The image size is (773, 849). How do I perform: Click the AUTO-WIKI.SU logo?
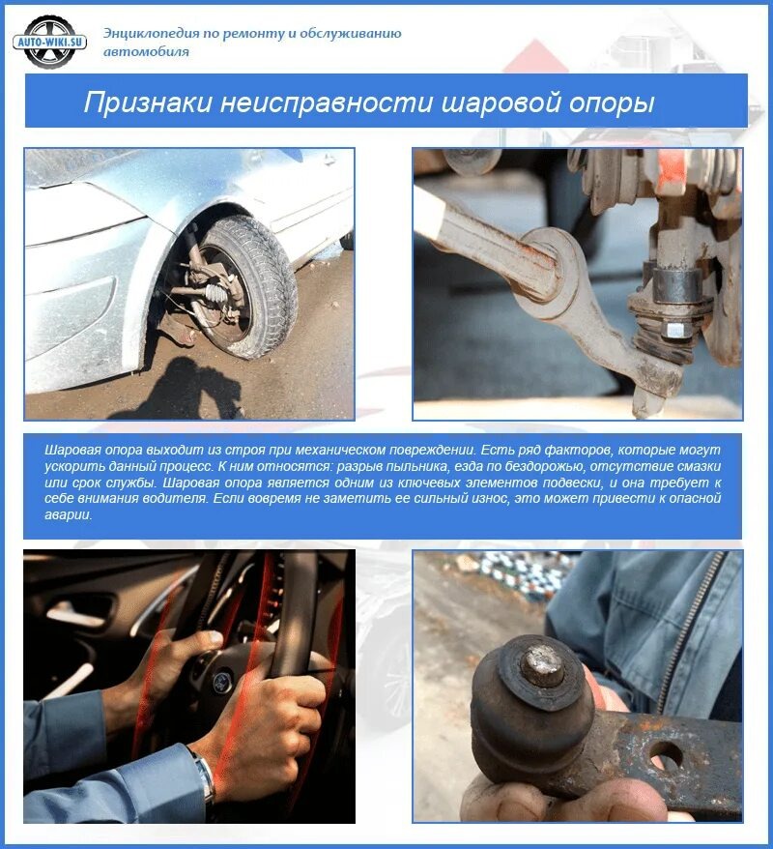[x=50, y=42]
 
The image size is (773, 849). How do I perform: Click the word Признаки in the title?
[x=147, y=102]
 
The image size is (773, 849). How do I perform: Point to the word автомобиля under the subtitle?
[x=146, y=52]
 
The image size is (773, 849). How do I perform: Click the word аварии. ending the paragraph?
[x=69, y=515]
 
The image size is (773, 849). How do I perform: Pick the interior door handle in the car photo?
[x=81, y=611]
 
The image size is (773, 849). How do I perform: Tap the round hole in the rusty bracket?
[x=665, y=754]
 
